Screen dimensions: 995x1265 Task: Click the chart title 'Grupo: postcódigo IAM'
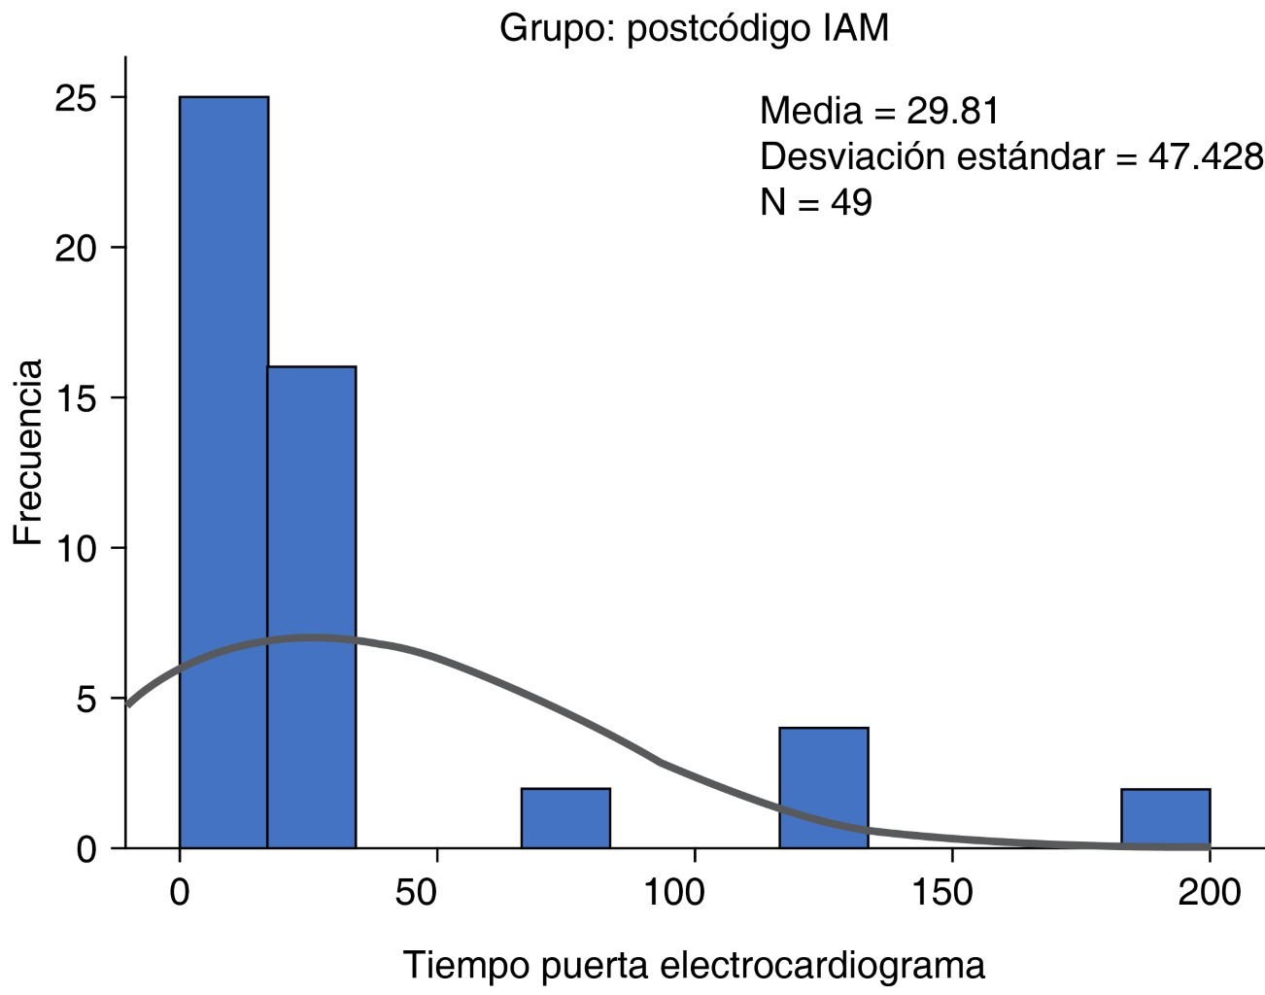click(x=694, y=29)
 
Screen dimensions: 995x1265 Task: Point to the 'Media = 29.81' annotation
click(x=879, y=111)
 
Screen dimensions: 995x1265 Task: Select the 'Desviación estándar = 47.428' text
click(x=1010, y=156)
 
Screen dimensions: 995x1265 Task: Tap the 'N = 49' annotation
click(x=815, y=202)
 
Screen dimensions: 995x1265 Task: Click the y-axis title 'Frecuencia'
click(x=28, y=452)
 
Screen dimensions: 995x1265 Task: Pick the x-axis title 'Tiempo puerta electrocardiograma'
click(x=694, y=966)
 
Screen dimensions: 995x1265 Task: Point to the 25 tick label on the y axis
click(x=75, y=98)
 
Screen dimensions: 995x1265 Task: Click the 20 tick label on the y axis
click(x=75, y=249)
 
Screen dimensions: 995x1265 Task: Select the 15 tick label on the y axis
click(x=75, y=398)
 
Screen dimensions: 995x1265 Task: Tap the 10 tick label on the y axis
click(x=75, y=549)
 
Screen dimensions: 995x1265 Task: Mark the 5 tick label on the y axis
click(x=87, y=700)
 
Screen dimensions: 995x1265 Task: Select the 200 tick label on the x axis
click(x=1209, y=891)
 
